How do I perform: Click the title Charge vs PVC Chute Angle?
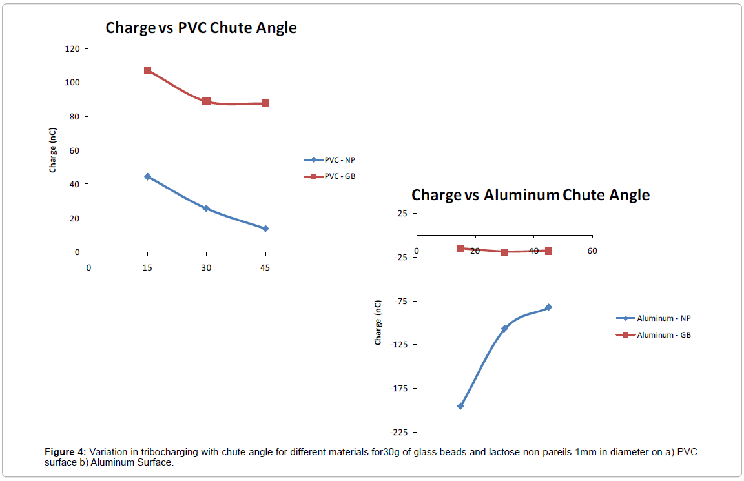tap(201, 28)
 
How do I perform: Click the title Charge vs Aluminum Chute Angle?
tap(530, 194)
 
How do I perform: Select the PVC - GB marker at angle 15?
tap(148, 70)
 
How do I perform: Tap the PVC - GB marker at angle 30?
tap(206, 101)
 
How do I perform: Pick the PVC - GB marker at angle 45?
tap(265, 103)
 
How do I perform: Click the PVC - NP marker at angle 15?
tap(148, 176)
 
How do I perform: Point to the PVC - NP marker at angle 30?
tap(206, 209)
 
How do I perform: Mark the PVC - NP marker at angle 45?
tap(265, 229)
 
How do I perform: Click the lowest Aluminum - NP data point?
tap(460, 406)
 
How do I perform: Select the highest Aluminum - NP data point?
tap(548, 307)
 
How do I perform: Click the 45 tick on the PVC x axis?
tap(265, 267)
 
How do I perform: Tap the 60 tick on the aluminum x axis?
tap(592, 251)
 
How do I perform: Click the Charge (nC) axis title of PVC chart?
tap(53, 150)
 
